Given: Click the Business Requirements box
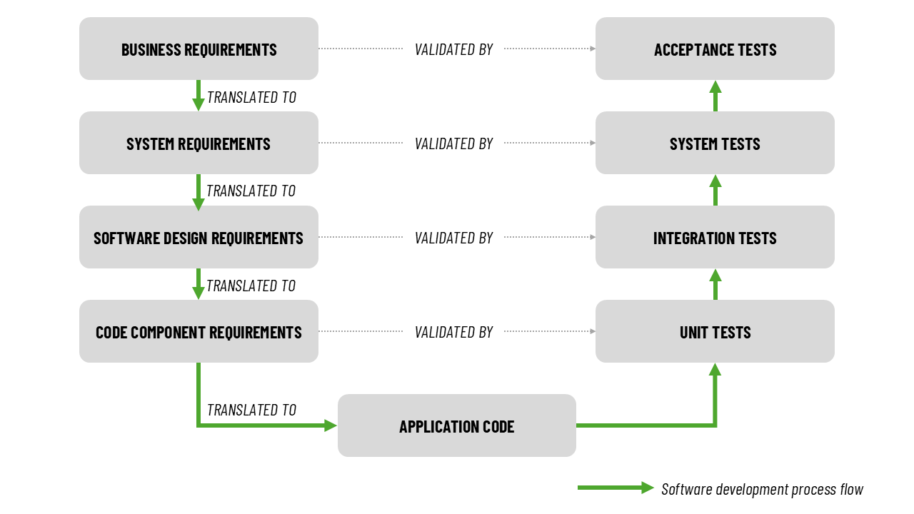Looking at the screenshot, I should [x=199, y=49].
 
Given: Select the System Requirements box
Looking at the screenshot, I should [x=199, y=143].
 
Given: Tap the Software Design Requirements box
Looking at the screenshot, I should [x=199, y=237].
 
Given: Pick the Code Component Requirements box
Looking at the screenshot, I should [x=199, y=331].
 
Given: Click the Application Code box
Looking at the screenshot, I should [x=456, y=425].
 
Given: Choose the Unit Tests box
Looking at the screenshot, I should [x=715, y=331].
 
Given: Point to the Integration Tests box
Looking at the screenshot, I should [x=715, y=237].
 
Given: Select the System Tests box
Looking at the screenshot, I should [x=715, y=143].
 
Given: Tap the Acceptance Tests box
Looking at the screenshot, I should [x=715, y=49].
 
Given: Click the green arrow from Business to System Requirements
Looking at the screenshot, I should [x=199, y=95].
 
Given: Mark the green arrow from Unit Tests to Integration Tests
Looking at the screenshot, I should [x=715, y=284].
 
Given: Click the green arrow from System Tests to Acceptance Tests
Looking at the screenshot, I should [x=715, y=96].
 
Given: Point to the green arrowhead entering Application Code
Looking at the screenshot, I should [x=330, y=425].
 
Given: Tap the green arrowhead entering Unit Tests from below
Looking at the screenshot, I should [x=715, y=369].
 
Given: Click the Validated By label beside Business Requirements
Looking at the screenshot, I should [x=453, y=49].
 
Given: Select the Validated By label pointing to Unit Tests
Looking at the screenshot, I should [x=453, y=332].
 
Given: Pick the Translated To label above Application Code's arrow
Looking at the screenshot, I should [x=251, y=410].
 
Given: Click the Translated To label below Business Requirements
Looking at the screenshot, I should [x=251, y=97].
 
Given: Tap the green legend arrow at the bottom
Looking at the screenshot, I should [x=616, y=488].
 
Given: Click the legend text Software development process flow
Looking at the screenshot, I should [x=762, y=489].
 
